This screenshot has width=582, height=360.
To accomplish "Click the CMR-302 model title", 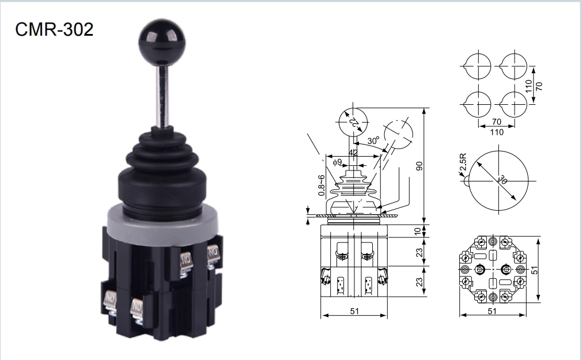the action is point(54,29).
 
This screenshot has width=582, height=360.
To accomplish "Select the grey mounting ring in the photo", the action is point(162,223).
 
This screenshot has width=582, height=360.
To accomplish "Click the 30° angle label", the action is point(373,141).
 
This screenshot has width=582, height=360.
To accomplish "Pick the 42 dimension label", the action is point(353,153).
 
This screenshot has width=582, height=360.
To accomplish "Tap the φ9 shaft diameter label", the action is point(338,162).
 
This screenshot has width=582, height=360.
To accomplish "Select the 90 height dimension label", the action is point(420,166).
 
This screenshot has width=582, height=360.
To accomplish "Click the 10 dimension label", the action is point(418,231).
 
